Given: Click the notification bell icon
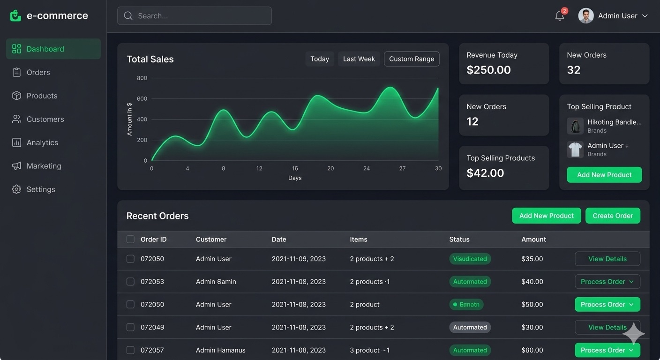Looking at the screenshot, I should [559, 16].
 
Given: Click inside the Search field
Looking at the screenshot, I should [195, 16].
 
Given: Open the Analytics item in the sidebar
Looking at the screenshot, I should [42, 142].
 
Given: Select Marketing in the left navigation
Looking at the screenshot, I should [44, 166].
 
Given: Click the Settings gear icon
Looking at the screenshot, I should [16, 189].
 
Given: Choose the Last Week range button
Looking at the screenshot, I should [359, 59].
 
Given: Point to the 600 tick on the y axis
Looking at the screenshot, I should [142, 99].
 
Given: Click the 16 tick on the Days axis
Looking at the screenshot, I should [295, 168].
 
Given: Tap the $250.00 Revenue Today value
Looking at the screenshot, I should [488, 70].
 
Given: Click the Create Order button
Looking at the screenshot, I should [612, 216].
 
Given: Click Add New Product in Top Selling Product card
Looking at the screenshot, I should [604, 175].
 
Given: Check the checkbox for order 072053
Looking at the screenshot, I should [130, 282].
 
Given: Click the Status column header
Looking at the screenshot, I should [459, 240].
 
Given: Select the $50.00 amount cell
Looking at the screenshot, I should [532, 305].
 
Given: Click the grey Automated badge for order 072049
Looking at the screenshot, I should [470, 327].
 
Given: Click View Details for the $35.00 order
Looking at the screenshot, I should [607, 259].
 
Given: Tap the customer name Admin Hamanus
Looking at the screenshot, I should [220, 350].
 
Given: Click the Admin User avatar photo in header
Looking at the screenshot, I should [585, 16].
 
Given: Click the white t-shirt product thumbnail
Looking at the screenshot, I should [575, 150].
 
